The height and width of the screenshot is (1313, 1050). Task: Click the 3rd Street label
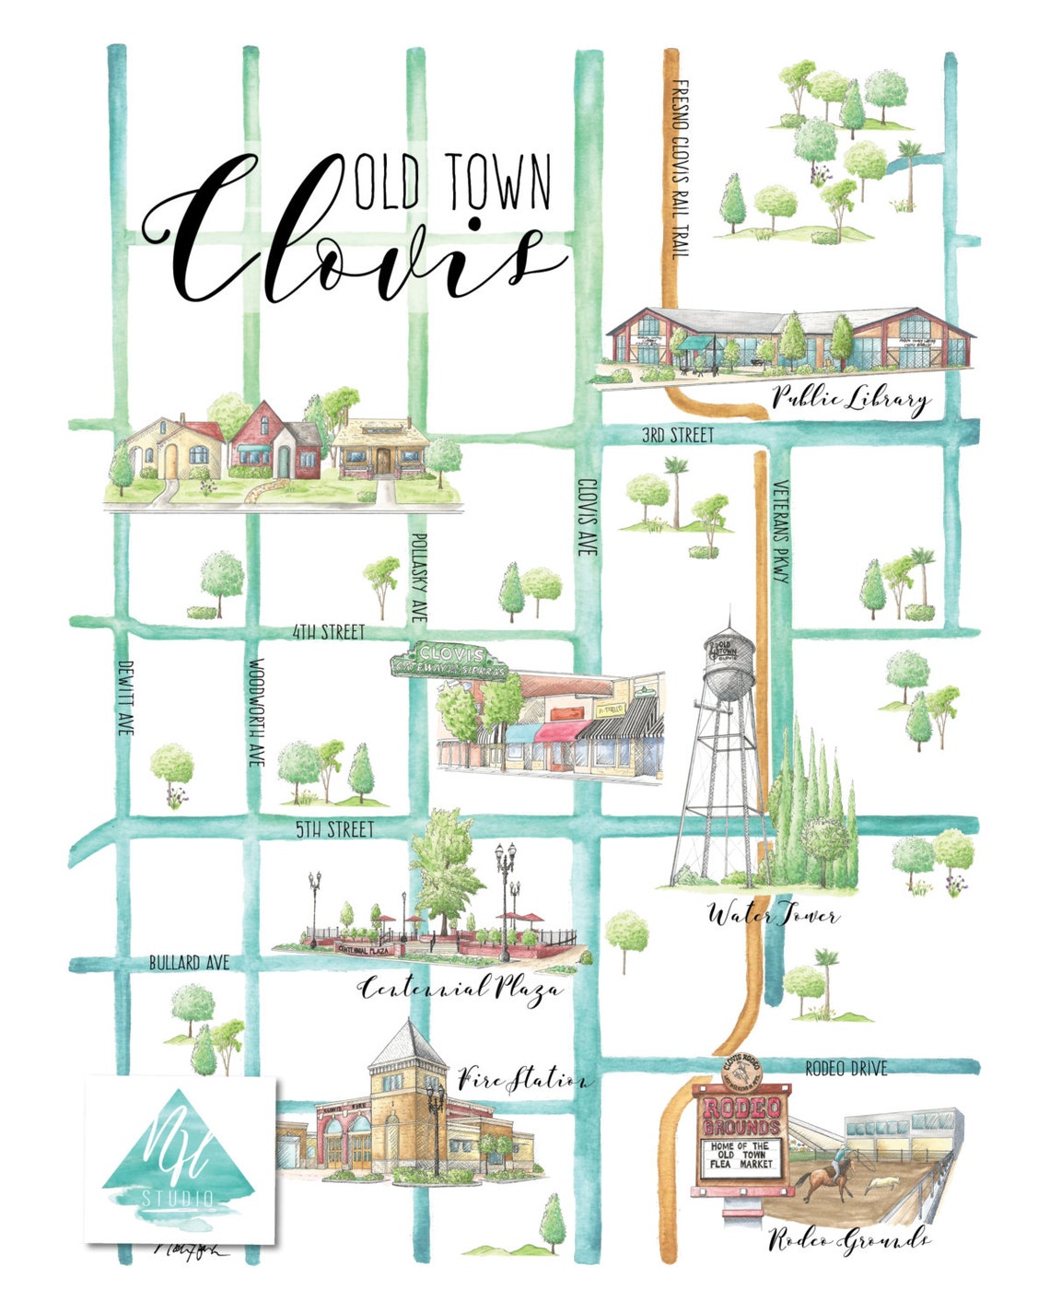(x=677, y=435)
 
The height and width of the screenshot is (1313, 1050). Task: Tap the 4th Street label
(x=328, y=632)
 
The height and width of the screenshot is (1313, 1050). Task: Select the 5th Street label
(x=334, y=829)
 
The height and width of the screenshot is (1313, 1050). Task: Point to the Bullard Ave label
(x=189, y=963)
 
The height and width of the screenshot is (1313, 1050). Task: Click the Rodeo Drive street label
(x=846, y=1069)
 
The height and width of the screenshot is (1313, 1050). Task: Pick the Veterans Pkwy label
(x=780, y=532)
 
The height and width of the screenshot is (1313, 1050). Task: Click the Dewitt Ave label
(x=125, y=697)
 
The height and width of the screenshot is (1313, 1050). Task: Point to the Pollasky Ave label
(x=419, y=578)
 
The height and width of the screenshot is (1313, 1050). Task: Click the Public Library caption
(x=849, y=399)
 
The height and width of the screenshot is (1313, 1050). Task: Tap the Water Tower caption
(x=772, y=915)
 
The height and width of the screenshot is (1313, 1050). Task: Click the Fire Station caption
(x=521, y=1078)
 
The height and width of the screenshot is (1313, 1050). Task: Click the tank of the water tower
(x=729, y=658)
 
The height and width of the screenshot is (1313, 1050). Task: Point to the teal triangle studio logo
(x=181, y=1152)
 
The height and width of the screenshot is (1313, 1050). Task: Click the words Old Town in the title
(x=452, y=181)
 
